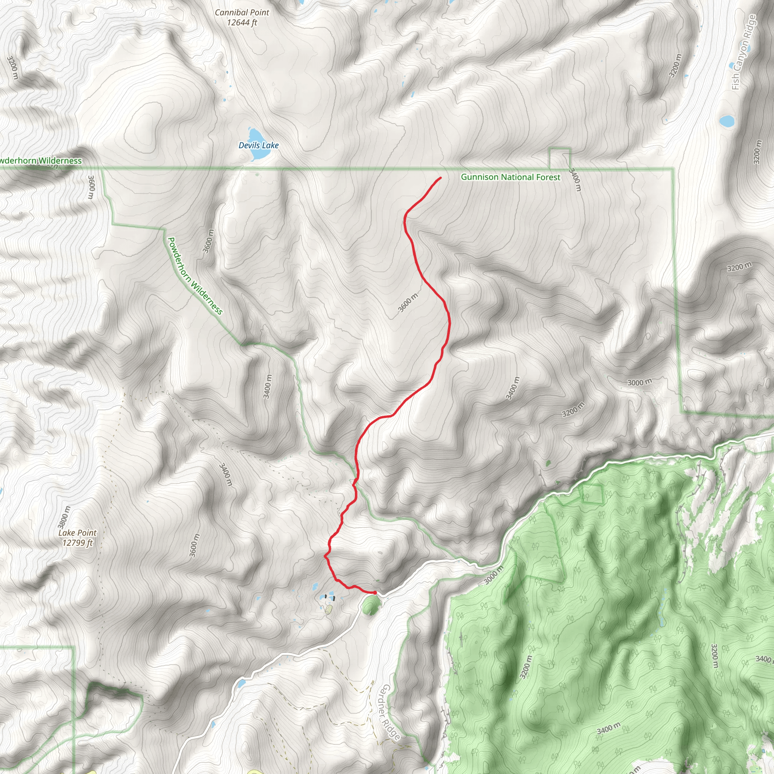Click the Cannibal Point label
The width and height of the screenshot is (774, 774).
tap(241, 17)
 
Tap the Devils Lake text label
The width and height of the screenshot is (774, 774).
tap(259, 146)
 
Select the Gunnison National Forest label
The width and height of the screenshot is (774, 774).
tap(510, 177)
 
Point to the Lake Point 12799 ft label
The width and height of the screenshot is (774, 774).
tap(77, 538)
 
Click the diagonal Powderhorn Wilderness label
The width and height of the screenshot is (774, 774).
tap(195, 276)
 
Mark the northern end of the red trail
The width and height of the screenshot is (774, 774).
tap(441, 178)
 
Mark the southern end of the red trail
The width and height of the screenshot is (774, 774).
tap(375, 593)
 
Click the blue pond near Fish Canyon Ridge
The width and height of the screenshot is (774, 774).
tap(727, 121)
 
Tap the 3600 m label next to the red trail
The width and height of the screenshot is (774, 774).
tap(408, 302)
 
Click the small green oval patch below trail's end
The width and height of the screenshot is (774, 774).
tap(371, 605)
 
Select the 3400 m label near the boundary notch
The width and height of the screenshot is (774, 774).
tap(575, 180)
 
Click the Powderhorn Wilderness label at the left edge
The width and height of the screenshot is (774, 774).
tap(40, 161)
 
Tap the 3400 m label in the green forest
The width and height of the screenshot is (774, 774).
tap(608, 728)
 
